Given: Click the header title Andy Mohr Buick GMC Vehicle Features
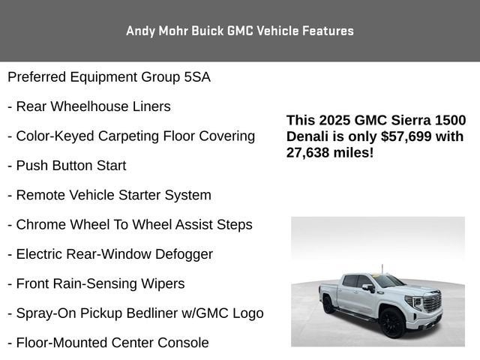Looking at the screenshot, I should pos(240,31).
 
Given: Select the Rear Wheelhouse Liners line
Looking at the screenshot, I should pos(89,106).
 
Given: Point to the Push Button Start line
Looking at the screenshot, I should pos(67,166).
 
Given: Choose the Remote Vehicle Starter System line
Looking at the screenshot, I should pos(109,195).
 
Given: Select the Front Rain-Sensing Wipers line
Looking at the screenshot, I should pos(96,283).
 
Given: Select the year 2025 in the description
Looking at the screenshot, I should pos(337,120).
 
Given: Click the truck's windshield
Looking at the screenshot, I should pos(388,281).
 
